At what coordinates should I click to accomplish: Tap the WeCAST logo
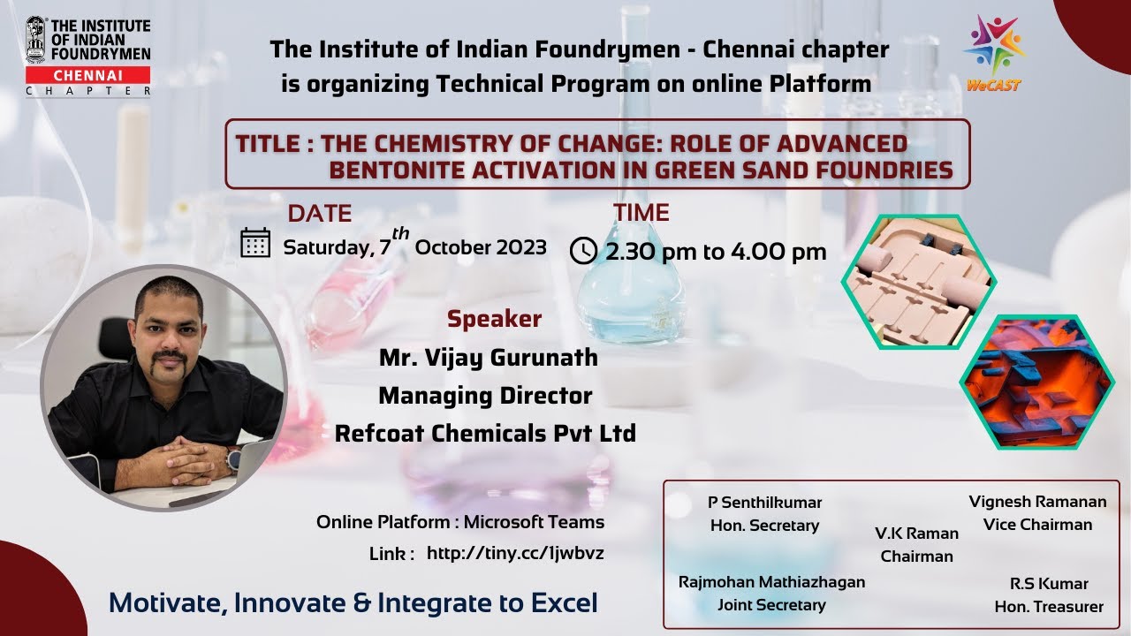click(x=993, y=52)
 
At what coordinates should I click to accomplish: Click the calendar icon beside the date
click(x=255, y=242)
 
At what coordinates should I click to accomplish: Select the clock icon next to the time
click(x=583, y=251)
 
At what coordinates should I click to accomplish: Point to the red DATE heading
click(x=319, y=214)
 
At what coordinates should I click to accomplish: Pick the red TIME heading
click(x=641, y=213)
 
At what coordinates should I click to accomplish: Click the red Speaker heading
click(x=494, y=319)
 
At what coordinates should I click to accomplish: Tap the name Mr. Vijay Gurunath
click(x=488, y=358)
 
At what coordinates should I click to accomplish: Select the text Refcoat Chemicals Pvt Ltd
click(x=485, y=434)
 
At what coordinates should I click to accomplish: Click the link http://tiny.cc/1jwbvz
click(x=515, y=553)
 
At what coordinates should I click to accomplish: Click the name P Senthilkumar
click(x=764, y=503)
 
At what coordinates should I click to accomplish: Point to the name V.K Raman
click(x=916, y=534)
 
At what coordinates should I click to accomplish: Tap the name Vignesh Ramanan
click(x=1037, y=502)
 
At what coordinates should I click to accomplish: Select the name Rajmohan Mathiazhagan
click(x=771, y=582)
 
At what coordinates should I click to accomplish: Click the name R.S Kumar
click(x=1049, y=584)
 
